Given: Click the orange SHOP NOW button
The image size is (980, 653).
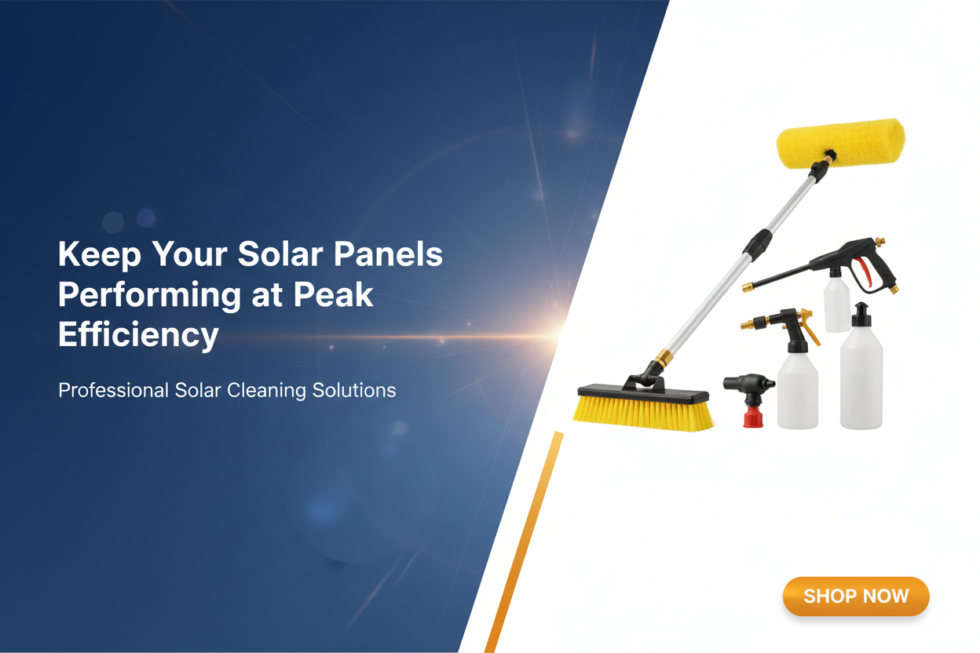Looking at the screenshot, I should pyautogui.click(x=856, y=596).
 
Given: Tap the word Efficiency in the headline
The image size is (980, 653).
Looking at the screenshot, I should pyautogui.click(x=137, y=335).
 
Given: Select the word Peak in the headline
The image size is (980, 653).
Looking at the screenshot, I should pyautogui.click(x=332, y=295).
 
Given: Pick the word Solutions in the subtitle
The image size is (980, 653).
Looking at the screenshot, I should pyautogui.click(x=353, y=390).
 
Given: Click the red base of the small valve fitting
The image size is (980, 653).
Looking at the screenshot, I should pyautogui.click(x=751, y=414).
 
